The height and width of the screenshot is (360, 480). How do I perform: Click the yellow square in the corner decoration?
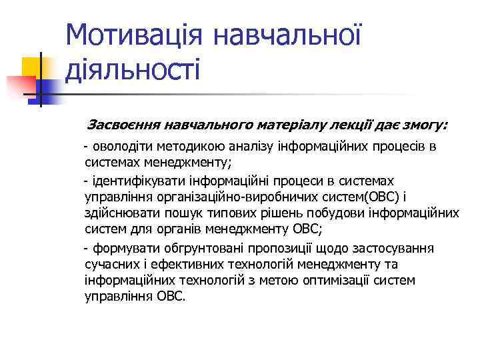click(x=32, y=67)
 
